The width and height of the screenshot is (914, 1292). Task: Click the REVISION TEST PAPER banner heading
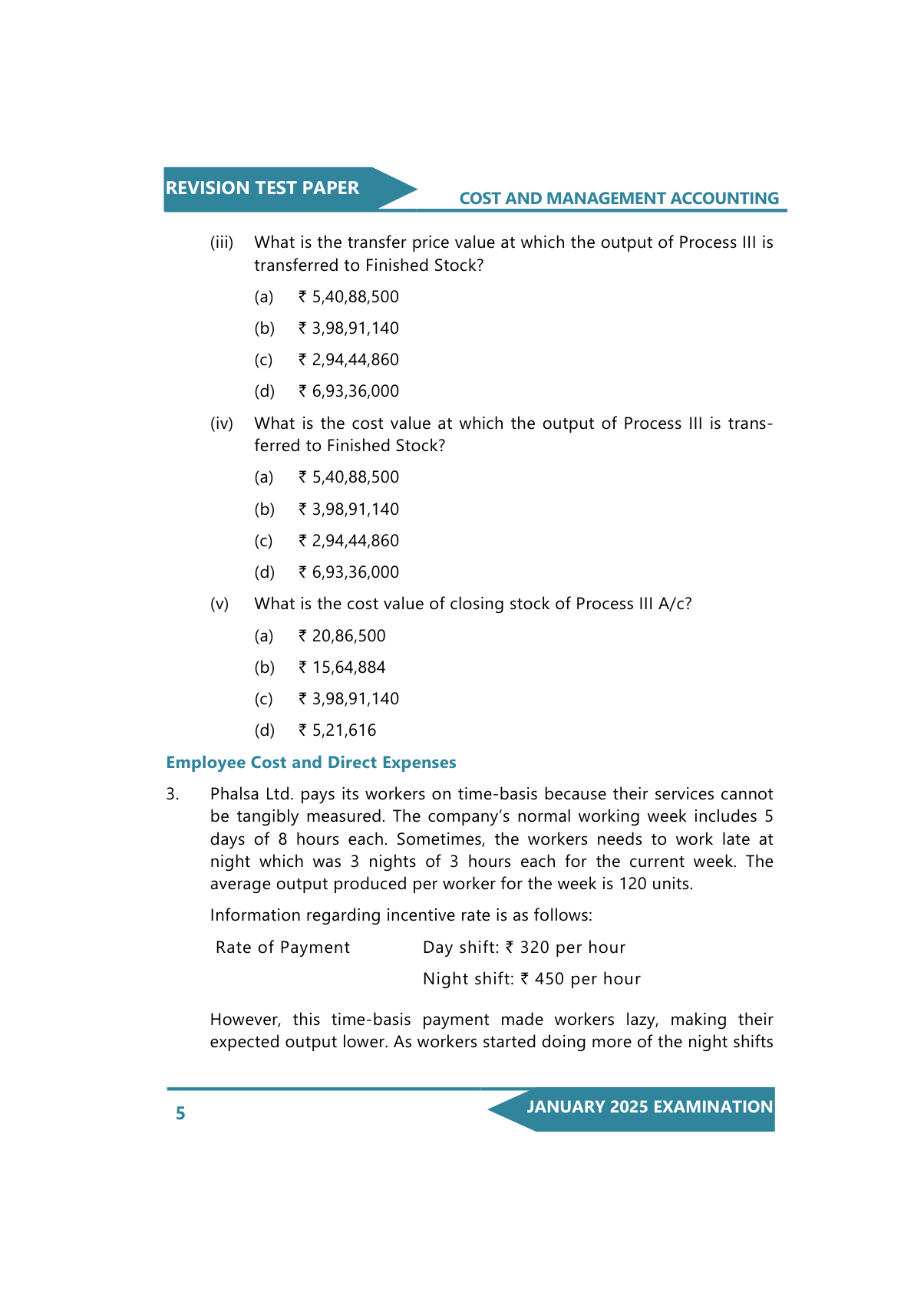pos(262,188)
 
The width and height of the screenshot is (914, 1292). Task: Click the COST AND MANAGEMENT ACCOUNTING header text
pos(619,199)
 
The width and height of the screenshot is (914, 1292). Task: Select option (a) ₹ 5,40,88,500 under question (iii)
pos(348,297)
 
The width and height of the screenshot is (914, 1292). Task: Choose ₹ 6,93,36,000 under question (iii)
pos(348,391)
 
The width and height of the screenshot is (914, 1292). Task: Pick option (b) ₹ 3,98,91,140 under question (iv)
pos(348,509)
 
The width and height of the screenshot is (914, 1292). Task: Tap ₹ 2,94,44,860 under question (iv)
pos(348,541)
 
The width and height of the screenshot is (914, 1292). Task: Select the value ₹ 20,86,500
pos(342,636)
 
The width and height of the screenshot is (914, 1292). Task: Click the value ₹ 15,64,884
pos(342,667)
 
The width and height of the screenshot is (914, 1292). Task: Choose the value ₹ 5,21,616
pos(338,730)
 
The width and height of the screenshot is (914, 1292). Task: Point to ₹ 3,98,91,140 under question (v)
pos(348,699)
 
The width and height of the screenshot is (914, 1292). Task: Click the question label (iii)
pos(222,242)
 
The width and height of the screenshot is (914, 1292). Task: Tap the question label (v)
pos(219,604)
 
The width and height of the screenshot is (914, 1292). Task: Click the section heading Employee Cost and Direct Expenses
pos(311,763)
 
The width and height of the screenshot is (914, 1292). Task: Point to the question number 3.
pos(173,794)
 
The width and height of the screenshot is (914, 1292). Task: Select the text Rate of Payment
pos(282,948)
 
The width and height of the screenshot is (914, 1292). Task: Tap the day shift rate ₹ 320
pos(527,948)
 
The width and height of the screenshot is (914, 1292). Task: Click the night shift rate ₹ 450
pos(542,979)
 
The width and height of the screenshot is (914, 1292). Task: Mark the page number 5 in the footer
pos(180,1113)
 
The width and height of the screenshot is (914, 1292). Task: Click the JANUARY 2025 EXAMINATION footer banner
pos(649,1107)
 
